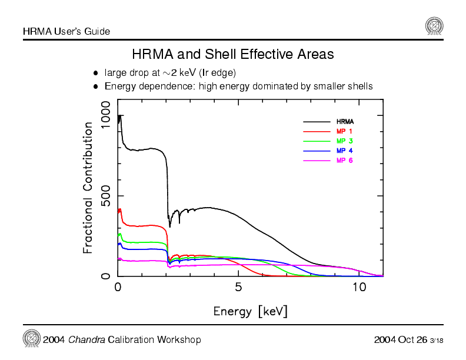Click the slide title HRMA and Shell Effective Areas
pos(233,55)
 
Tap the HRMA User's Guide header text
pos(66,31)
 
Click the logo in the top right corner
pos(434,26)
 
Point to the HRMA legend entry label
pos(345,122)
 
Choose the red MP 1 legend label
pos(344,131)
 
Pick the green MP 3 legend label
pos(344,141)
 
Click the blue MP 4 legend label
pos(344,151)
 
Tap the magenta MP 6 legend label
pos(344,161)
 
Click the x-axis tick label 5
pos(238,288)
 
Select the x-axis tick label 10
pos(359,288)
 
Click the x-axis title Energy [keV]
pos(250,311)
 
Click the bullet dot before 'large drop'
pos(95,74)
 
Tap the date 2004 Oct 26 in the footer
pos(400,340)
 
